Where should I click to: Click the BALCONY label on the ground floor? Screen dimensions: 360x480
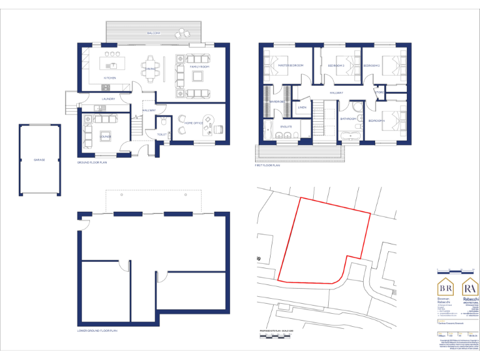click(154, 32)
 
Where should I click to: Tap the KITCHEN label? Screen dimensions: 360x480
click(110, 78)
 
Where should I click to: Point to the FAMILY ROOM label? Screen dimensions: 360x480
click(199, 66)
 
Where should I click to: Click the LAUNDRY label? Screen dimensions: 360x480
click(108, 99)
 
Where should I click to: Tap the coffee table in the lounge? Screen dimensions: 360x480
click(104, 136)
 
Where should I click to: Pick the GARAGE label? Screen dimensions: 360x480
click(39, 159)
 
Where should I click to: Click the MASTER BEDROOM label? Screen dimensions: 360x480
click(291, 66)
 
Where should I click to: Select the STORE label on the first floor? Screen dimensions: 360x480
click(379, 93)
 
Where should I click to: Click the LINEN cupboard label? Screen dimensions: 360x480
click(302, 107)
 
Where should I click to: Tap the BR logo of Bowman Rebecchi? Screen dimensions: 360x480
click(446, 288)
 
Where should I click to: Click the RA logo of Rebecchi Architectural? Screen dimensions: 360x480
click(469, 288)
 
